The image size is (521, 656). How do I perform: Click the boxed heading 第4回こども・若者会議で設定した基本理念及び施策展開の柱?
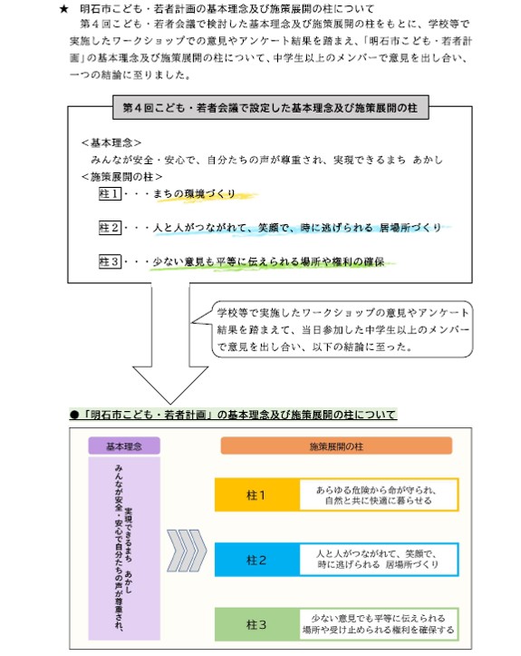coord(260,107)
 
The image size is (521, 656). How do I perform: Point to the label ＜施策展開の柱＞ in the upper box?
coord(121,176)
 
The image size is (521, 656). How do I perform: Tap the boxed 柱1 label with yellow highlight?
coord(109,193)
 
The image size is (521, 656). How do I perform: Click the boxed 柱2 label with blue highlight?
coord(109,227)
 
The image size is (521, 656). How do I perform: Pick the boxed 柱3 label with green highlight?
coord(109,262)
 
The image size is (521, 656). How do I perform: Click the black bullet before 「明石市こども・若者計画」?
coord(75,414)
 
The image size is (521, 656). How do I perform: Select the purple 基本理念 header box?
coord(124,445)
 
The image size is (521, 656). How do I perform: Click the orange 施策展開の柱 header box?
coord(335,445)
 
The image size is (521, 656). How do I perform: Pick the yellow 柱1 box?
coord(256,495)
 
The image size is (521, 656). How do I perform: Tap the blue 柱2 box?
coord(256,560)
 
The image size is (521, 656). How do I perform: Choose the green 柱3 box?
coord(256,624)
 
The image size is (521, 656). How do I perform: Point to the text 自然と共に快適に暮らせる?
coord(381,502)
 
